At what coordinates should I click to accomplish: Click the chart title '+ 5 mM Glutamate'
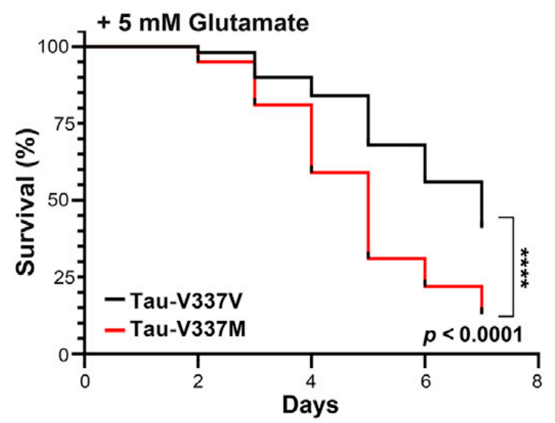203,23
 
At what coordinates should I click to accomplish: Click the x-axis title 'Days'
311,405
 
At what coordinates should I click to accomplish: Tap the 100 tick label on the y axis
56,46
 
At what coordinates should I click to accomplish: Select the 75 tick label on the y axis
61,123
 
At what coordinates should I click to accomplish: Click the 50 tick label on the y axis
61,199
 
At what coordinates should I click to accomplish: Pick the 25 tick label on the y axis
61,277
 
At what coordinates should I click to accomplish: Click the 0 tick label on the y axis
66,353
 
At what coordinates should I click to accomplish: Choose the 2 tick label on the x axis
198,378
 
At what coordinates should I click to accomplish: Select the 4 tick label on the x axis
311,378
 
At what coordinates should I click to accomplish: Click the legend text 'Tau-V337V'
188,299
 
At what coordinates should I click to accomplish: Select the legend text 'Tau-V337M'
190,325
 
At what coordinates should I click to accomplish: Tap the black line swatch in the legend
120,299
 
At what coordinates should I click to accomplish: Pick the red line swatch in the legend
120,325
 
